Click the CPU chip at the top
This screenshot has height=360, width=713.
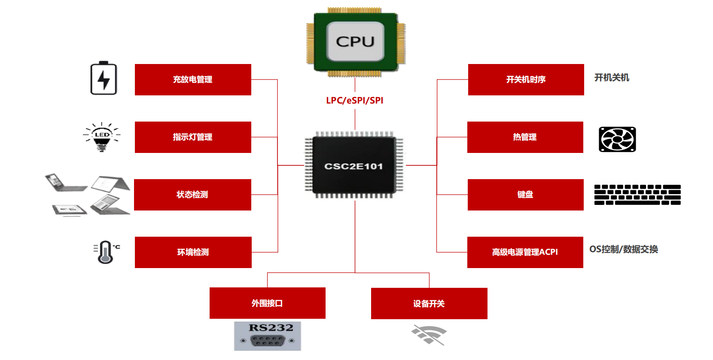click(x=355, y=42)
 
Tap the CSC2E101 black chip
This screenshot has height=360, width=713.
click(x=354, y=166)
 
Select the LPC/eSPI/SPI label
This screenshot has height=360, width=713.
click(x=354, y=101)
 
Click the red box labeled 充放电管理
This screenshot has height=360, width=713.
click(x=193, y=79)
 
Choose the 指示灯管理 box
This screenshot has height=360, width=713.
click(x=193, y=137)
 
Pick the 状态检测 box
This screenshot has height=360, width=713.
click(x=192, y=195)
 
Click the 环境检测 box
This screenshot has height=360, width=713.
click(x=193, y=252)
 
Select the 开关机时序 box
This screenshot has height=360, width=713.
click(x=526, y=79)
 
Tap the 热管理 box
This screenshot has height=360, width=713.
click(x=525, y=137)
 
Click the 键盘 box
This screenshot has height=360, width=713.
click(x=525, y=195)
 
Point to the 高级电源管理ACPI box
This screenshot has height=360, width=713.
click(x=525, y=252)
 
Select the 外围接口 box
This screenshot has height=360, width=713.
click(x=267, y=303)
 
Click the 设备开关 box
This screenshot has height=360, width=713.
click(x=429, y=303)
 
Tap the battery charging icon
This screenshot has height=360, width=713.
click(x=104, y=78)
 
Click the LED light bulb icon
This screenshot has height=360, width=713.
click(x=102, y=137)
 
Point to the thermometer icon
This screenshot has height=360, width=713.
click(x=105, y=252)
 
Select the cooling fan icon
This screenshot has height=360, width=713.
click(x=617, y=139)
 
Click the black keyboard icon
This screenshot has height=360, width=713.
click(x=637, y=195)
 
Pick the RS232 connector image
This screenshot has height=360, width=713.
click(x=267, y=336)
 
